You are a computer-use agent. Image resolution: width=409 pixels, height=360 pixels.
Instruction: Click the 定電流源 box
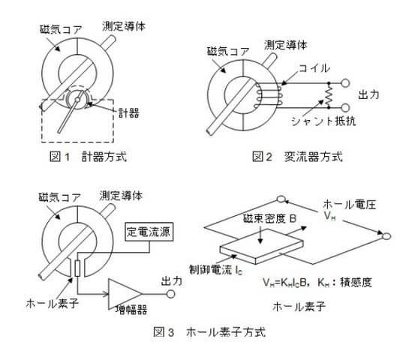(x=149, y=232)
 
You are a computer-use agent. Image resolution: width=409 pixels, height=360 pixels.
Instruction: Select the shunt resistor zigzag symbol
(x=329, y=95)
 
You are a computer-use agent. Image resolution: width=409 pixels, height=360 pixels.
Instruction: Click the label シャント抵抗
(x=323, y=121)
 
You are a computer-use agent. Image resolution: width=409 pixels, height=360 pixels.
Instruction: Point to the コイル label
(x=314, y=68)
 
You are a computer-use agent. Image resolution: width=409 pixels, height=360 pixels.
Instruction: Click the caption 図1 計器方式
(x=88, y=157)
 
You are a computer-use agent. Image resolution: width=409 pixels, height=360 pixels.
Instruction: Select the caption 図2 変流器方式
(x=297, y=157)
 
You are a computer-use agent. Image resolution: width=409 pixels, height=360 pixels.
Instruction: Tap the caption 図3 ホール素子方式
(x=209, y=332)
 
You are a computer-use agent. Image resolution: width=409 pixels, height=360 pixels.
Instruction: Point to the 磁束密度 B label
(x=269, y=218)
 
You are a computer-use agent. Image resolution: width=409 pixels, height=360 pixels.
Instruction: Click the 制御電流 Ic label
(x=215, y=270)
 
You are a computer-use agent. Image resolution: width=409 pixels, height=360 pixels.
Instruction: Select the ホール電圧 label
(x=349, y=205)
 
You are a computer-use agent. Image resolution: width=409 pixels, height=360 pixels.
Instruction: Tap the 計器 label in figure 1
(x=129, y=113)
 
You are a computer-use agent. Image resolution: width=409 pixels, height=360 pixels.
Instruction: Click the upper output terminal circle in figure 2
(x=345, y=83)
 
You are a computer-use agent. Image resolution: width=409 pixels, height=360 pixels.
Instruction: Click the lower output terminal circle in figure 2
(x=345, y=107)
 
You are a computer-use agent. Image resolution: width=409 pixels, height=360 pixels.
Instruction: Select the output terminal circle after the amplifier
(x=170, y=294)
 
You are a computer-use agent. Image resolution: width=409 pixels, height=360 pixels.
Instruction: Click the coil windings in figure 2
(x=268, y=95)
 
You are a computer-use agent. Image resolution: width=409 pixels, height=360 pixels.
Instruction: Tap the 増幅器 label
(x=131, y=310)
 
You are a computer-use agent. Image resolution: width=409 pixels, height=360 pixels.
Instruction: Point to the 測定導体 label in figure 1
(x=124, y=26)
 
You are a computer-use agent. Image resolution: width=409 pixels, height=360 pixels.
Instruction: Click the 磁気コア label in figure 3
(x=60, y=197)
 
